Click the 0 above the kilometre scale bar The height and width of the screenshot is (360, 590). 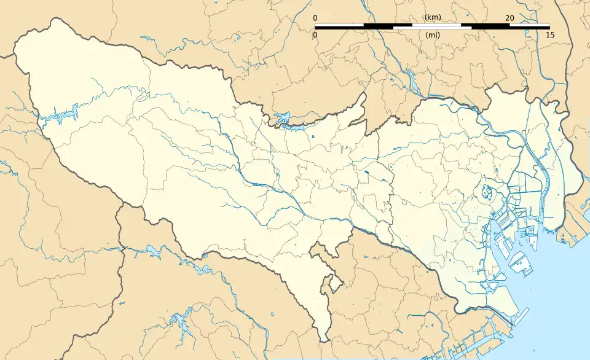tap(315, 18)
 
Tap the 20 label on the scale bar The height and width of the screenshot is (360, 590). tap(509, 18)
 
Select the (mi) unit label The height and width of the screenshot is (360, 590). tap(432, 35)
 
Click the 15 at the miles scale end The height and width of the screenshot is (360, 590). tap(549, 35)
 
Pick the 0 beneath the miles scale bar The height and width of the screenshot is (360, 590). tap(315, 35)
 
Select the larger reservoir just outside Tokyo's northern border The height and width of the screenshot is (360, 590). tap(283, 117)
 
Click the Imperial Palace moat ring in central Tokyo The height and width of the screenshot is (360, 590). tap(489, 192)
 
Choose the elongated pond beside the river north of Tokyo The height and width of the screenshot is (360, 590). tap(411, 79)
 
